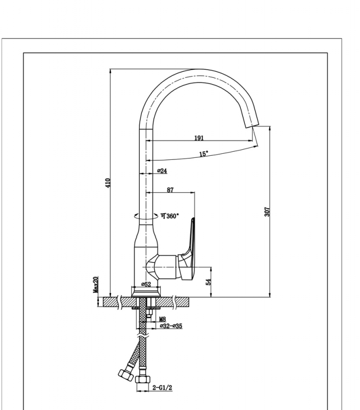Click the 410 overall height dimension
pos(108,182)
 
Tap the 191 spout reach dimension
pos(199,138)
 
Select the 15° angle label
pos(203,153)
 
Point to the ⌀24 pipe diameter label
pos(162,171)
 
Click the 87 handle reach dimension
pos(170,190)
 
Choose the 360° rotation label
pos(170,216)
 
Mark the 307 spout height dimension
pos(267,211)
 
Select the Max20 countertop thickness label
pos(96,284)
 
